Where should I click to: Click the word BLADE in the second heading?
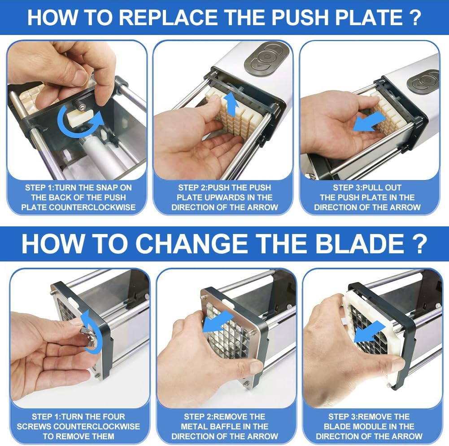360,243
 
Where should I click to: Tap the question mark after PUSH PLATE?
415,18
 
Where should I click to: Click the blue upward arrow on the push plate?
231,104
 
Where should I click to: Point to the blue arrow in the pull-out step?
369,122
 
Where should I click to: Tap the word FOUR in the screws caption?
114,416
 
